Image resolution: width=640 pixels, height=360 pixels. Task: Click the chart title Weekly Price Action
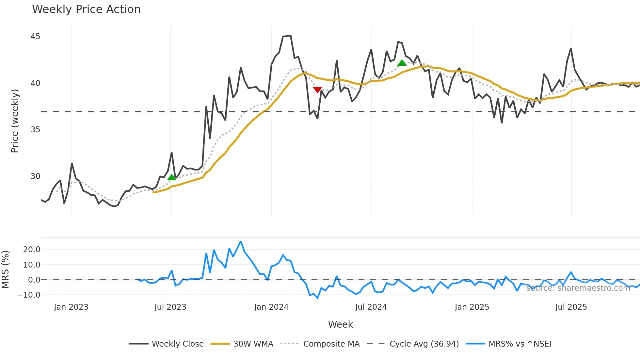(86, 9)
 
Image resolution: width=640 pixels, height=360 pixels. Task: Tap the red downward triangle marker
(317, 90)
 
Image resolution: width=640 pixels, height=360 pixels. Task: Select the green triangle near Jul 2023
(172, 177)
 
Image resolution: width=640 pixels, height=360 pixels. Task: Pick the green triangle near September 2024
(402, 63)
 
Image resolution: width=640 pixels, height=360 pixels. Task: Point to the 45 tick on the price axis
(35, 37)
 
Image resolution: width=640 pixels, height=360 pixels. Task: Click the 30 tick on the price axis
(35, 176)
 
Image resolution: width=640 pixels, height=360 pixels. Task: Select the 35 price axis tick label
(35, 130)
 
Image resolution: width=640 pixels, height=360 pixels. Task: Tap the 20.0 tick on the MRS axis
(32, 250)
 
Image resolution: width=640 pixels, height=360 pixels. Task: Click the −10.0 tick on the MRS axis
(29, 295)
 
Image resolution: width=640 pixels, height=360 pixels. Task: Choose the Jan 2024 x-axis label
(271, 307)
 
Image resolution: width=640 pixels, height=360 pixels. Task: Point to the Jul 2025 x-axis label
(571, 307)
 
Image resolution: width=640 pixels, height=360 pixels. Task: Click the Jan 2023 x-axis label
(71, 307)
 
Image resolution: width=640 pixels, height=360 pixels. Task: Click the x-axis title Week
(340, 324)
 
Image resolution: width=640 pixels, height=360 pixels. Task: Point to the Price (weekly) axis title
(15, 121)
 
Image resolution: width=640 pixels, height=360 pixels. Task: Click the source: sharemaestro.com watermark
(578, 288)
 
